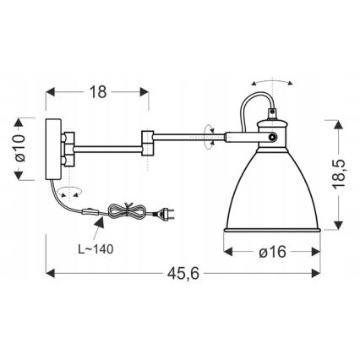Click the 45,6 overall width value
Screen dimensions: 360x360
click(177, 287)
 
